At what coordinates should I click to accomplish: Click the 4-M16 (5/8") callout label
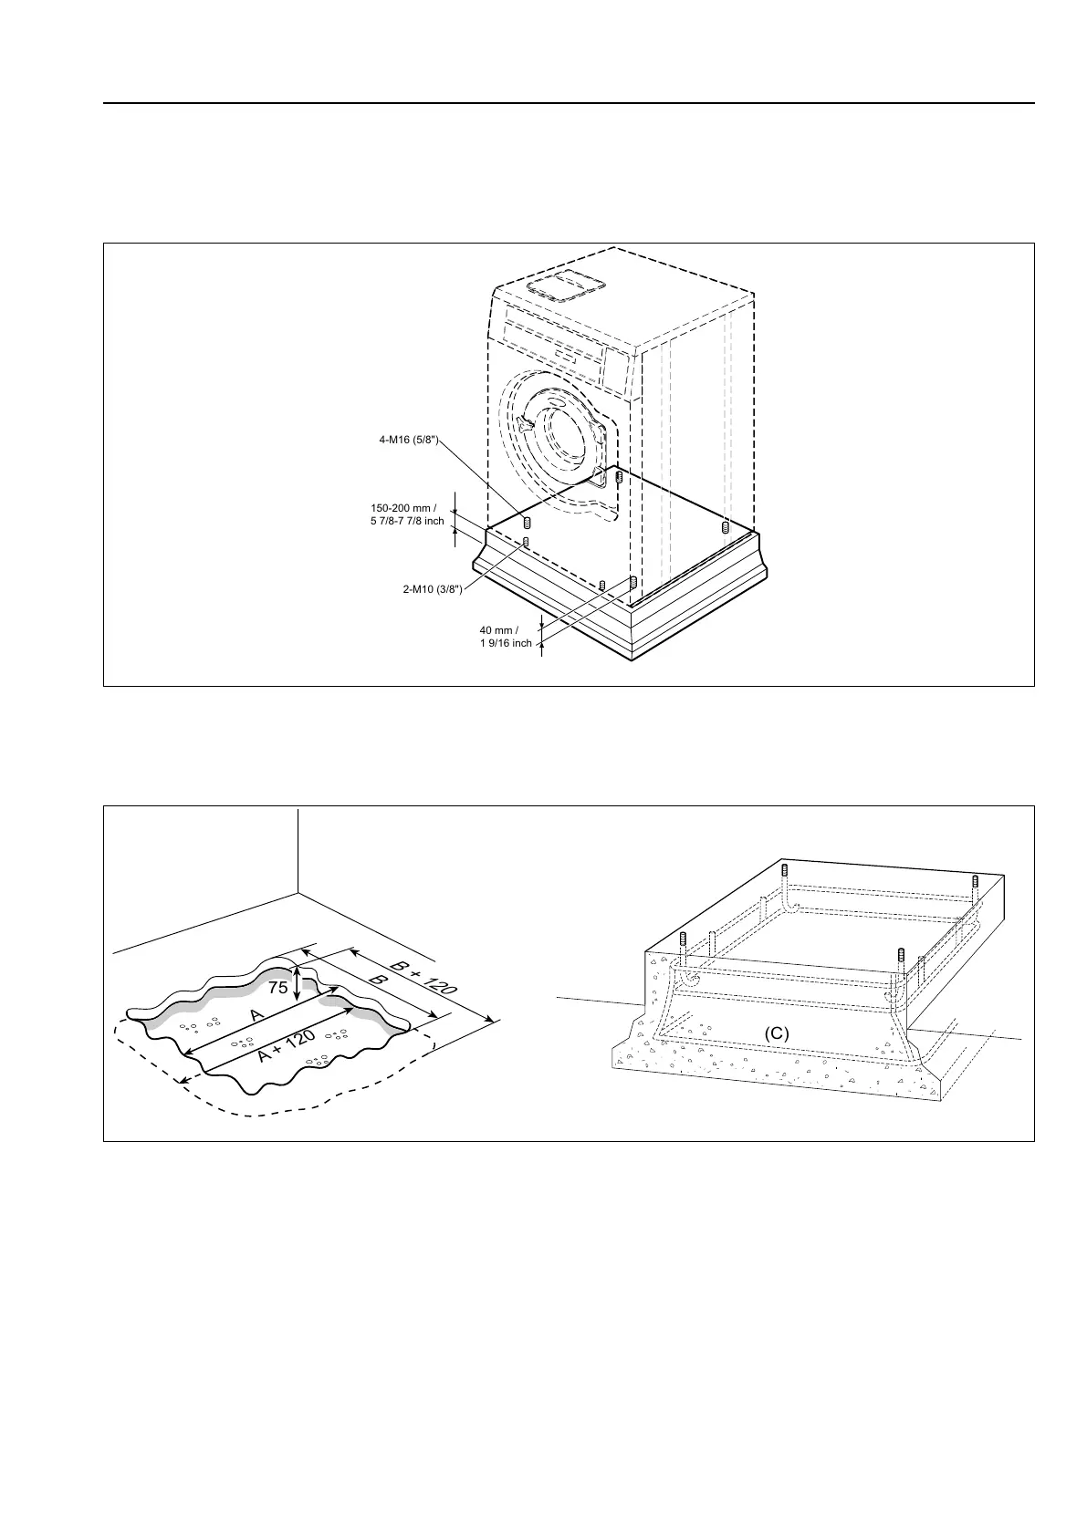[x=410, y=440]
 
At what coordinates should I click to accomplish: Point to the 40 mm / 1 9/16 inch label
[x=505, y=637]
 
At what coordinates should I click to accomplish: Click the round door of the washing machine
[x=563, y=430]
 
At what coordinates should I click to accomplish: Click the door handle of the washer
[x=525, y=426]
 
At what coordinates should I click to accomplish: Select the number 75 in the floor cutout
[x=278, y=987]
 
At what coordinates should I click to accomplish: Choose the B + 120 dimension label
[x=423, y=978]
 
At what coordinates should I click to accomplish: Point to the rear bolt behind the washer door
[x=619, y=477]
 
